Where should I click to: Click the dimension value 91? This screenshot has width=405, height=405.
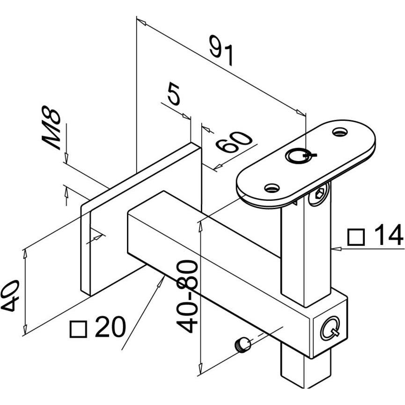click(221, 51)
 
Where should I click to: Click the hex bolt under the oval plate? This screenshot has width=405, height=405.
click(318, 196)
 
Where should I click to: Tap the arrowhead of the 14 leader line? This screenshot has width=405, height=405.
click(333, 249)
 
